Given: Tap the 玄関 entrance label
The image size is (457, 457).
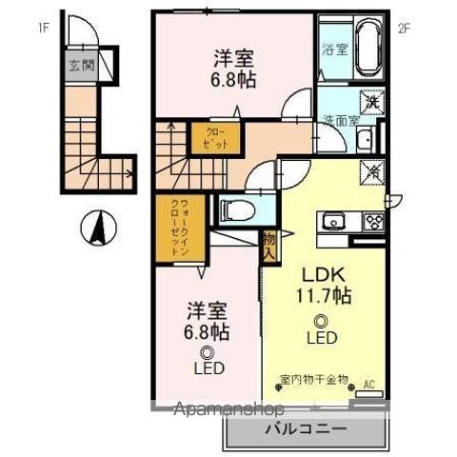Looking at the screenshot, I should (81, 66).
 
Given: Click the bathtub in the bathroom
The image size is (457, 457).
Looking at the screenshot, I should (367, 50).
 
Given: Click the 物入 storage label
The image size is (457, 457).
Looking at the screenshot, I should (270, 248).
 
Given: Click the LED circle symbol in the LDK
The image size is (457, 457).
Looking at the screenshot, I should (321, 321).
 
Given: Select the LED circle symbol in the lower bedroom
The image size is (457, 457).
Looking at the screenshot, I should (207, 351).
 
